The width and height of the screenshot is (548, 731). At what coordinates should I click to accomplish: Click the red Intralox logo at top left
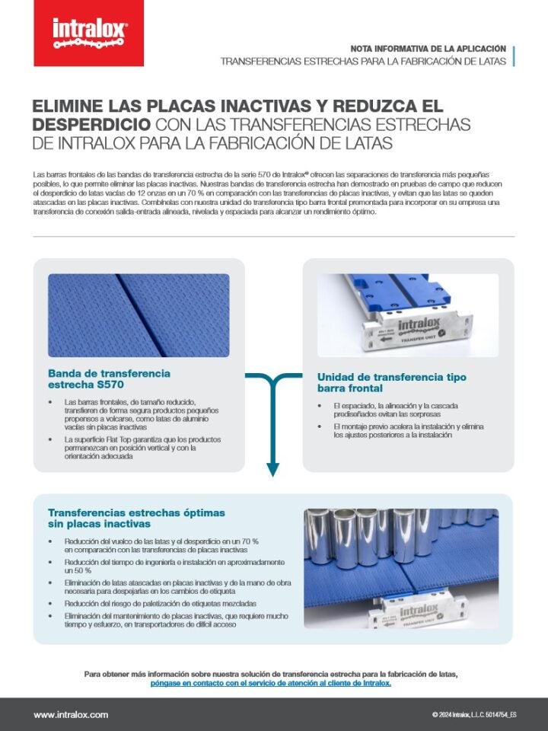pyautogui.click(x=90, y=33)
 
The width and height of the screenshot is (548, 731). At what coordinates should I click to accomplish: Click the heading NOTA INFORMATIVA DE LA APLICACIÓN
pyautogui.click(x=432, y=48)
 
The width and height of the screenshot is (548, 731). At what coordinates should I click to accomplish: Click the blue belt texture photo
pyautogui.click(x=139, y=315)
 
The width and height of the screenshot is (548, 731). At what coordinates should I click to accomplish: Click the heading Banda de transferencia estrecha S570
pyautogui.click(x=109, y=379)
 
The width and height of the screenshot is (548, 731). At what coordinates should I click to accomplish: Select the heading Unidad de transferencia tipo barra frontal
pyautogui.click(x=391, y=383)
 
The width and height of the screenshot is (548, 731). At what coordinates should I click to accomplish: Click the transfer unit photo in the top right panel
pyautogui.click(x=407, y=315)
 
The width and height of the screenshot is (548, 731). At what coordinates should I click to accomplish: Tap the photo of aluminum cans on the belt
pyautogui.click(x=401, y=568)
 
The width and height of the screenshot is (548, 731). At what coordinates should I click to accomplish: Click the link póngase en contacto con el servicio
pyautogui.click(x=271, y=684)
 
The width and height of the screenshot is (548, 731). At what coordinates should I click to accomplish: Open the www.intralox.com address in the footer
pyautogui.click(x=71, y=715)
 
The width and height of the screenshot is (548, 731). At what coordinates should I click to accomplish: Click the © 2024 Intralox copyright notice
pyautogui.click(x=473, y=715)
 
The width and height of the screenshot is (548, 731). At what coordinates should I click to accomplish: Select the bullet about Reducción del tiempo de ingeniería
pyautogui.click(x=174, y=566)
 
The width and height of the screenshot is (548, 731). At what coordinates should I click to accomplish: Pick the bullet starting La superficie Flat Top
pyautogui.click(x=142, y=448)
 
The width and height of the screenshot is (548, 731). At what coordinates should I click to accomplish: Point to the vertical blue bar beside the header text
pyautogui.click(x=514, y=56)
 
